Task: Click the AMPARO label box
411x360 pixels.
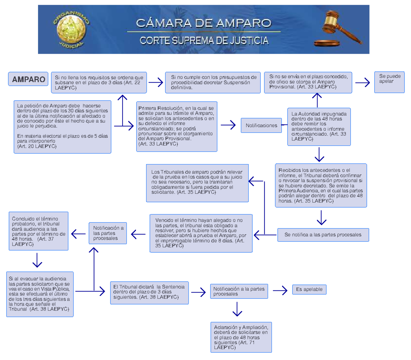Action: pyautogui.click(x=28, y=79)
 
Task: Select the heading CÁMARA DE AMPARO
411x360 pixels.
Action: pyautogui.click(x=203, y=23)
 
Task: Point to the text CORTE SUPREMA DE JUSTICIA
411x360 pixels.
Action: pyautogui.click(x=204, y=41)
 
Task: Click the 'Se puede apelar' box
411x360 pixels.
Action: pyautogui.click(x=389, y=82)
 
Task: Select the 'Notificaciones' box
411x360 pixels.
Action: pyautogui.click(x=261, y=125)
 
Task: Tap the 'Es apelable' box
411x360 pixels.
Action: pyautogui.click(x=309, y=289)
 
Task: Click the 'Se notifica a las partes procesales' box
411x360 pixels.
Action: pyautogui.click(x=323, y=235)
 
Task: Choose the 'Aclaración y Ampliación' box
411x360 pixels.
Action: pyautogui.click(x=241, y=337)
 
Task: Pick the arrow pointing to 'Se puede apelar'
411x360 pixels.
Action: pyautogui.click(x=363, y=83)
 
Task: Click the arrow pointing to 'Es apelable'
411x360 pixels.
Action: pyautogui.click(x=280, y=290)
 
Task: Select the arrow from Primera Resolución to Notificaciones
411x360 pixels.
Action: pyautogui.click(x=228, y=125)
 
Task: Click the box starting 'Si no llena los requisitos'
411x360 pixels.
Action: pyautogui.click(x=99, y=83)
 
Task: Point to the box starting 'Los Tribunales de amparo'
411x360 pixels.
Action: pyautogui.click(x=197, y=183)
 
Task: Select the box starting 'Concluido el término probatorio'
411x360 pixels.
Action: pyautogui.click(x=38, y=231)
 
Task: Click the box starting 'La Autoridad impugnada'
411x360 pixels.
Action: pyautogui.click(x=319, y=126)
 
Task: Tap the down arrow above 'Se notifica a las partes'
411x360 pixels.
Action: pyautogui.click(x=321, y=218)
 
